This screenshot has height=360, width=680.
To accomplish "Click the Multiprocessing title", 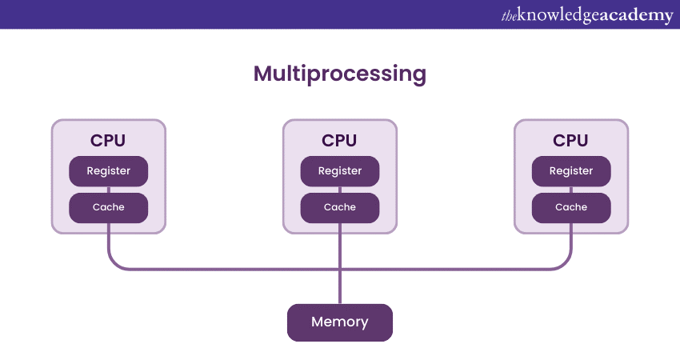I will click(340, 74).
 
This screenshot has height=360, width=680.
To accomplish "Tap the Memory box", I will click(340, 322).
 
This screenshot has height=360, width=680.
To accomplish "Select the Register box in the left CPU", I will click(108, 171).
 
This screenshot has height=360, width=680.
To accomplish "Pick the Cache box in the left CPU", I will click(108, 207).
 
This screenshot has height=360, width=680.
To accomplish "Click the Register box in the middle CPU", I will click(340, 171).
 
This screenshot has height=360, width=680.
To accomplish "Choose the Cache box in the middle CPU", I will click(340, 207).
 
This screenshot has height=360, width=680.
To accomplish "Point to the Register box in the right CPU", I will click(571, 171).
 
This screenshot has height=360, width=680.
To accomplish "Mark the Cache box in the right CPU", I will click(571, 207).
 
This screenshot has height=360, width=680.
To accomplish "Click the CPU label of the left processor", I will click(108, 141).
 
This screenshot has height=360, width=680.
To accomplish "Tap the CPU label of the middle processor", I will click(340, 141).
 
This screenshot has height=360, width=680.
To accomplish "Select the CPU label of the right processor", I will click(571, 141).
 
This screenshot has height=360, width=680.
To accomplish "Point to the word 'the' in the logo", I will click(509, 15).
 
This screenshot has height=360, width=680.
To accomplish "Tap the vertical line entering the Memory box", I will click(340, 288).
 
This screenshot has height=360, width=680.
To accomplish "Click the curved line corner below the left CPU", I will click(113, 264).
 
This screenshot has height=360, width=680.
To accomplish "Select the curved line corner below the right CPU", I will click(566, 264).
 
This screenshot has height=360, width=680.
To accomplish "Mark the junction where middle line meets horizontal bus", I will click(340, 269).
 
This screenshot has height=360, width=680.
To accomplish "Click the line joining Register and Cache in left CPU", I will click(108, 190).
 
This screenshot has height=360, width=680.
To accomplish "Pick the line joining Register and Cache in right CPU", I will click(571, 190).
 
